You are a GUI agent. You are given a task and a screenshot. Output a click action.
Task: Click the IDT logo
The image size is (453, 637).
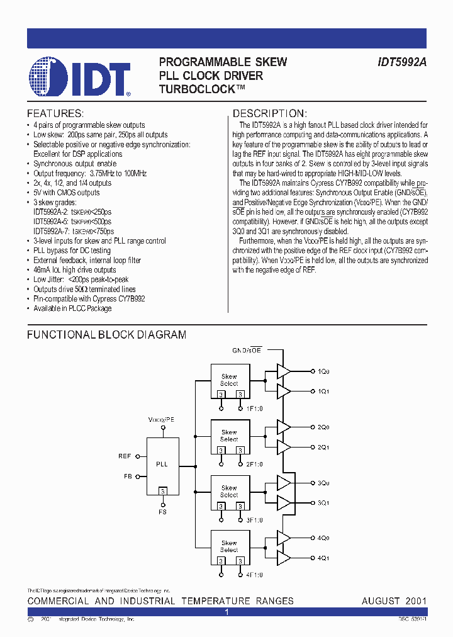click(79, 77)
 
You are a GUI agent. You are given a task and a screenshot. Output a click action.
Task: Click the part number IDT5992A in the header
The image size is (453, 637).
click(403, 62)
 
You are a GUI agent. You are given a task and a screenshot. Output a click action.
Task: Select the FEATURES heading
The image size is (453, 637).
click(55, 114)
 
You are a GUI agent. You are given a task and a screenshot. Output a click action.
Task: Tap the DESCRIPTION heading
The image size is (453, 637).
click(270, 114)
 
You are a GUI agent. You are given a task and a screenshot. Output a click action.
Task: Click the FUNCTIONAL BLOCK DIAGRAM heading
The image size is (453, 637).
click(106, 335)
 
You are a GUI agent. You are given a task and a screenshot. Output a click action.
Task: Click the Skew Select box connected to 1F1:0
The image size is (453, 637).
click(229, 380)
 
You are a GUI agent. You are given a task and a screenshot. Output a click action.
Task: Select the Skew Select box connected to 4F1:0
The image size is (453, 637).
click(229, 546)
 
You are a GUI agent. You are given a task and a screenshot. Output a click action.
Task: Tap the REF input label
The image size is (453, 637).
click(125, 456)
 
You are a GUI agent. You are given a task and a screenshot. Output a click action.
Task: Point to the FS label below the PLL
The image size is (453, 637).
click(162, 512)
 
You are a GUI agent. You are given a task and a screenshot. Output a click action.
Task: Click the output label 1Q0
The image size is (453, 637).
click(323, 372)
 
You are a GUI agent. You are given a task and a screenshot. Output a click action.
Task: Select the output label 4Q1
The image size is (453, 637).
click(323, 558)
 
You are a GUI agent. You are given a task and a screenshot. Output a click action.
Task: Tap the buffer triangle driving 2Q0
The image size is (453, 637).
click(283, 427)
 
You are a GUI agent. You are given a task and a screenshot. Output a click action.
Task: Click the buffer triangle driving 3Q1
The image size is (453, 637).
click(283, 503)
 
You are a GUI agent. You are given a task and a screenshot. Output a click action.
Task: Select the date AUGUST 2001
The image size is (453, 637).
click(394, 601)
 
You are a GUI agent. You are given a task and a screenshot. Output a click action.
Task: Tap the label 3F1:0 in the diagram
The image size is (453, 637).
click(254, 520)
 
